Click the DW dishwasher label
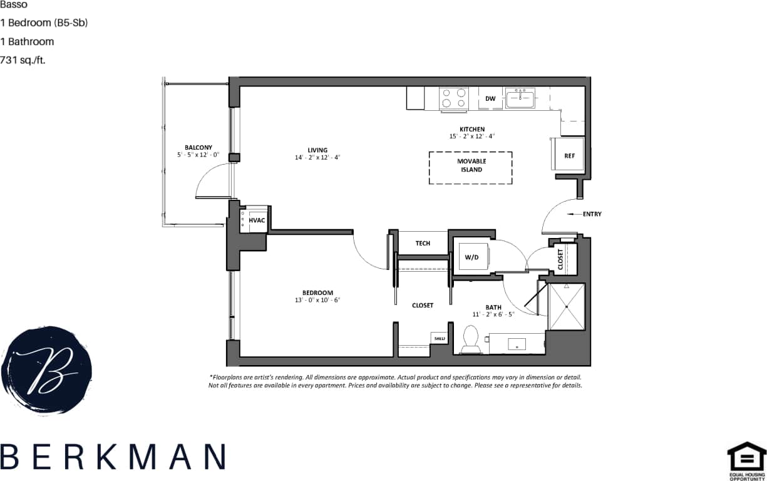490,99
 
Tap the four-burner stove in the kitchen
454,98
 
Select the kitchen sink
520,98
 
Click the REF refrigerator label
569,156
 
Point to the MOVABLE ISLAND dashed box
471,167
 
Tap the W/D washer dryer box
471,257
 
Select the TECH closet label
423,243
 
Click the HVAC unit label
257,220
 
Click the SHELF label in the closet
439,339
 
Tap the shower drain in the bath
567,307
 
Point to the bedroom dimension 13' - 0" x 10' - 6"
317,300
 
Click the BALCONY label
198,148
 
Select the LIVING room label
317,150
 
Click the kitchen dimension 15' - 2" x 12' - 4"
472,137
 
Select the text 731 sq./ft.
23,60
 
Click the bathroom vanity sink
517,344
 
